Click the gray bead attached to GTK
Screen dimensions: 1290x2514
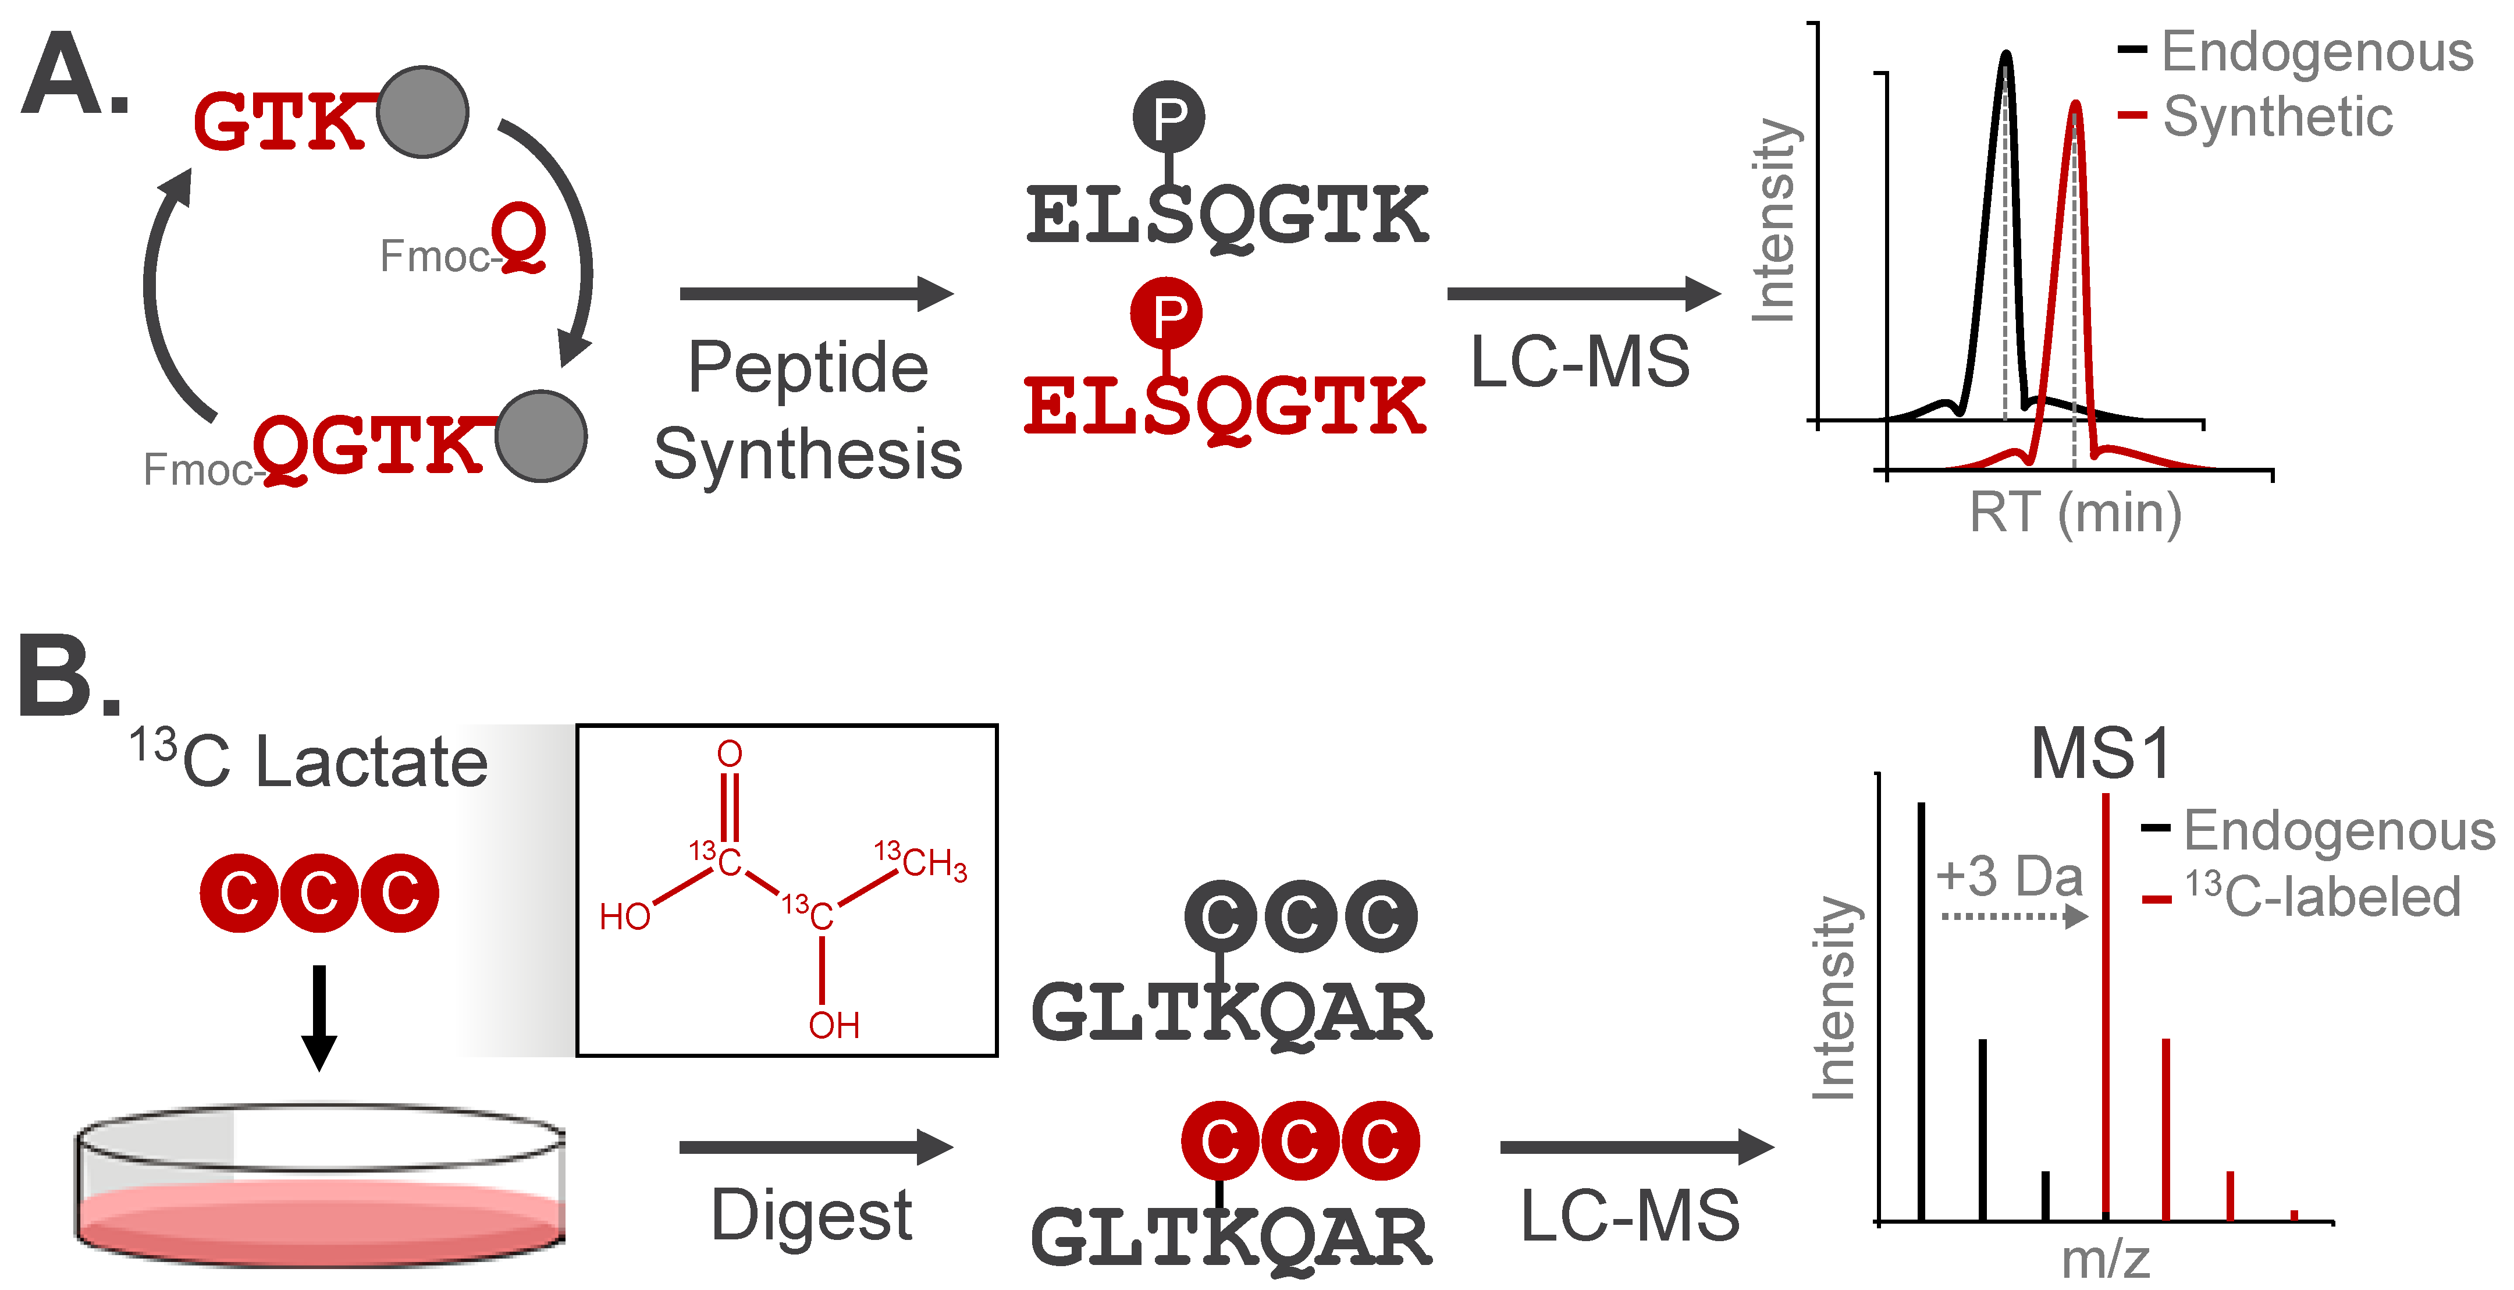point(422,112)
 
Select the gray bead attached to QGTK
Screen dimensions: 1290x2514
point(541,436)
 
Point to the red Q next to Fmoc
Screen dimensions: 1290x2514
point(518,237)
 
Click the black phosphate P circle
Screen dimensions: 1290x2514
point(1168,117)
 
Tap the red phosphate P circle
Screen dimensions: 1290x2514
point(1167,313)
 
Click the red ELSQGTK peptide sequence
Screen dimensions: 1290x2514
point(1225,408)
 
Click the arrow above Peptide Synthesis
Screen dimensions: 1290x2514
point(816,294)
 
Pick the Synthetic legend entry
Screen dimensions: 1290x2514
point(2276,117)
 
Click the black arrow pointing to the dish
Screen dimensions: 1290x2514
point(319,1018)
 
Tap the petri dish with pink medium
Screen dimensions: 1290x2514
point(320,1186)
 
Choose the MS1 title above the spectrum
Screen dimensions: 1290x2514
point(2101,754)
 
